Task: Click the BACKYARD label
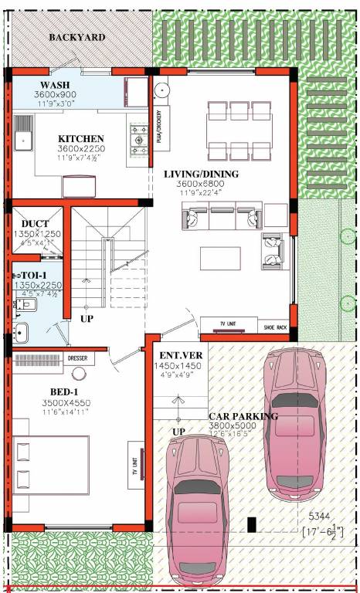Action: (77, 37)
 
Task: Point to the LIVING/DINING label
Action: (201, 174)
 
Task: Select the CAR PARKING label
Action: (243, 416)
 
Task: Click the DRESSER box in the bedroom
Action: (77, 358)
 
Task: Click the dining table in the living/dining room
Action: (239, 128)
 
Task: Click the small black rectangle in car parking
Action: (251, 525)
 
